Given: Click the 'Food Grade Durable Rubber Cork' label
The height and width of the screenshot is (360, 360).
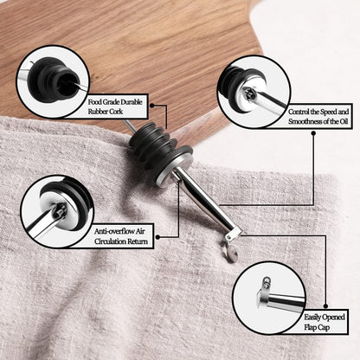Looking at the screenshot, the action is tap(115, 106).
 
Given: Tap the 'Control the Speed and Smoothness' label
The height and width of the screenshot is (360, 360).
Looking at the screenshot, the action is tap(318, 116).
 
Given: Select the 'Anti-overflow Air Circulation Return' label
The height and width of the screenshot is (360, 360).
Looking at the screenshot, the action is tap(121, 236).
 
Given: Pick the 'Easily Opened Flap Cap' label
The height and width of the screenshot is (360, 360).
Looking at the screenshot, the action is tap(325, 322).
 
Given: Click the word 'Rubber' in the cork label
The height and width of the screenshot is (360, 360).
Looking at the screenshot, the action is tap(98, 112).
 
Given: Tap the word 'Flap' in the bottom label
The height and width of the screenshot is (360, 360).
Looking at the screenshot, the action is tap(311, 327).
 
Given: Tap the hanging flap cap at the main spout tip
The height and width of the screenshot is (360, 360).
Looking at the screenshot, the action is tap(231, 252).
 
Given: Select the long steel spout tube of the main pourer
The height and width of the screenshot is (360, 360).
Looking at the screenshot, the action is tap(206, 202).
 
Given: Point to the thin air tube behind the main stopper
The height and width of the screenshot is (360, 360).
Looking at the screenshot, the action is tap(128, 125).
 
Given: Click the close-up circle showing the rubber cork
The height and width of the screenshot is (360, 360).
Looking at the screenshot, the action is tap(53, 81).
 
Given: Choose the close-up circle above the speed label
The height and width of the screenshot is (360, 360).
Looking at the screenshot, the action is tap(254, 92).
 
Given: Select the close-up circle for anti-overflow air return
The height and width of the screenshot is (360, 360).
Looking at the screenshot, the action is tap(57, 211).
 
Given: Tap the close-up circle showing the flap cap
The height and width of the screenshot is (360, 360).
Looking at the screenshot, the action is tap(269, 298).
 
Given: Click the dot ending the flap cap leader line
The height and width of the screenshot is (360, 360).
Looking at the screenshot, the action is tap(326, 305).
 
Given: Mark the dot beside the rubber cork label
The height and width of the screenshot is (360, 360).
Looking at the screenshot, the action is tap(151, 106).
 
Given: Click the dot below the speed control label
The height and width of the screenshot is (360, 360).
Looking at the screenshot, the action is tap(313, 133).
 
